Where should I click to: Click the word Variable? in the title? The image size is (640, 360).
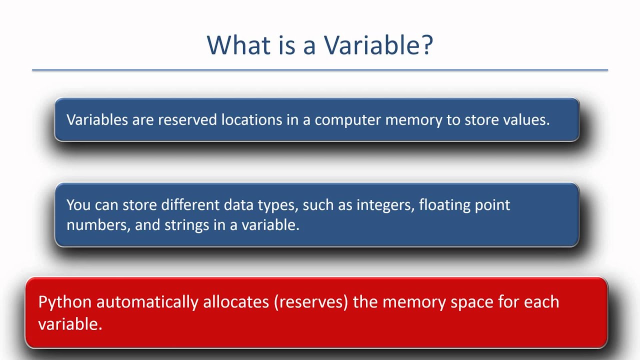pyautogui.click(x=378, y=45)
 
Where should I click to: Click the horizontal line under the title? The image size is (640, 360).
pyautogui.click(x=320, y=70)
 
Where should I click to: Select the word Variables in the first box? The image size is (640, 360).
pyautogui.click(x=97, y=120)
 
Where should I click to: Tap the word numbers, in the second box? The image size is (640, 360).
pyautogui.click(x=98, y=225)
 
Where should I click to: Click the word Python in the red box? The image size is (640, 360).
pyautogui.click(x=65, y=302)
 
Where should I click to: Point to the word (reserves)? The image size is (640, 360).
pyautogui.click(x=310, y=302)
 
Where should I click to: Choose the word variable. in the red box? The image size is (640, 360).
pyautogui.click(x=70, y=324)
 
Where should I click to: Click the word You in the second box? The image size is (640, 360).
pyautogui.click(x=77, y=205)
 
